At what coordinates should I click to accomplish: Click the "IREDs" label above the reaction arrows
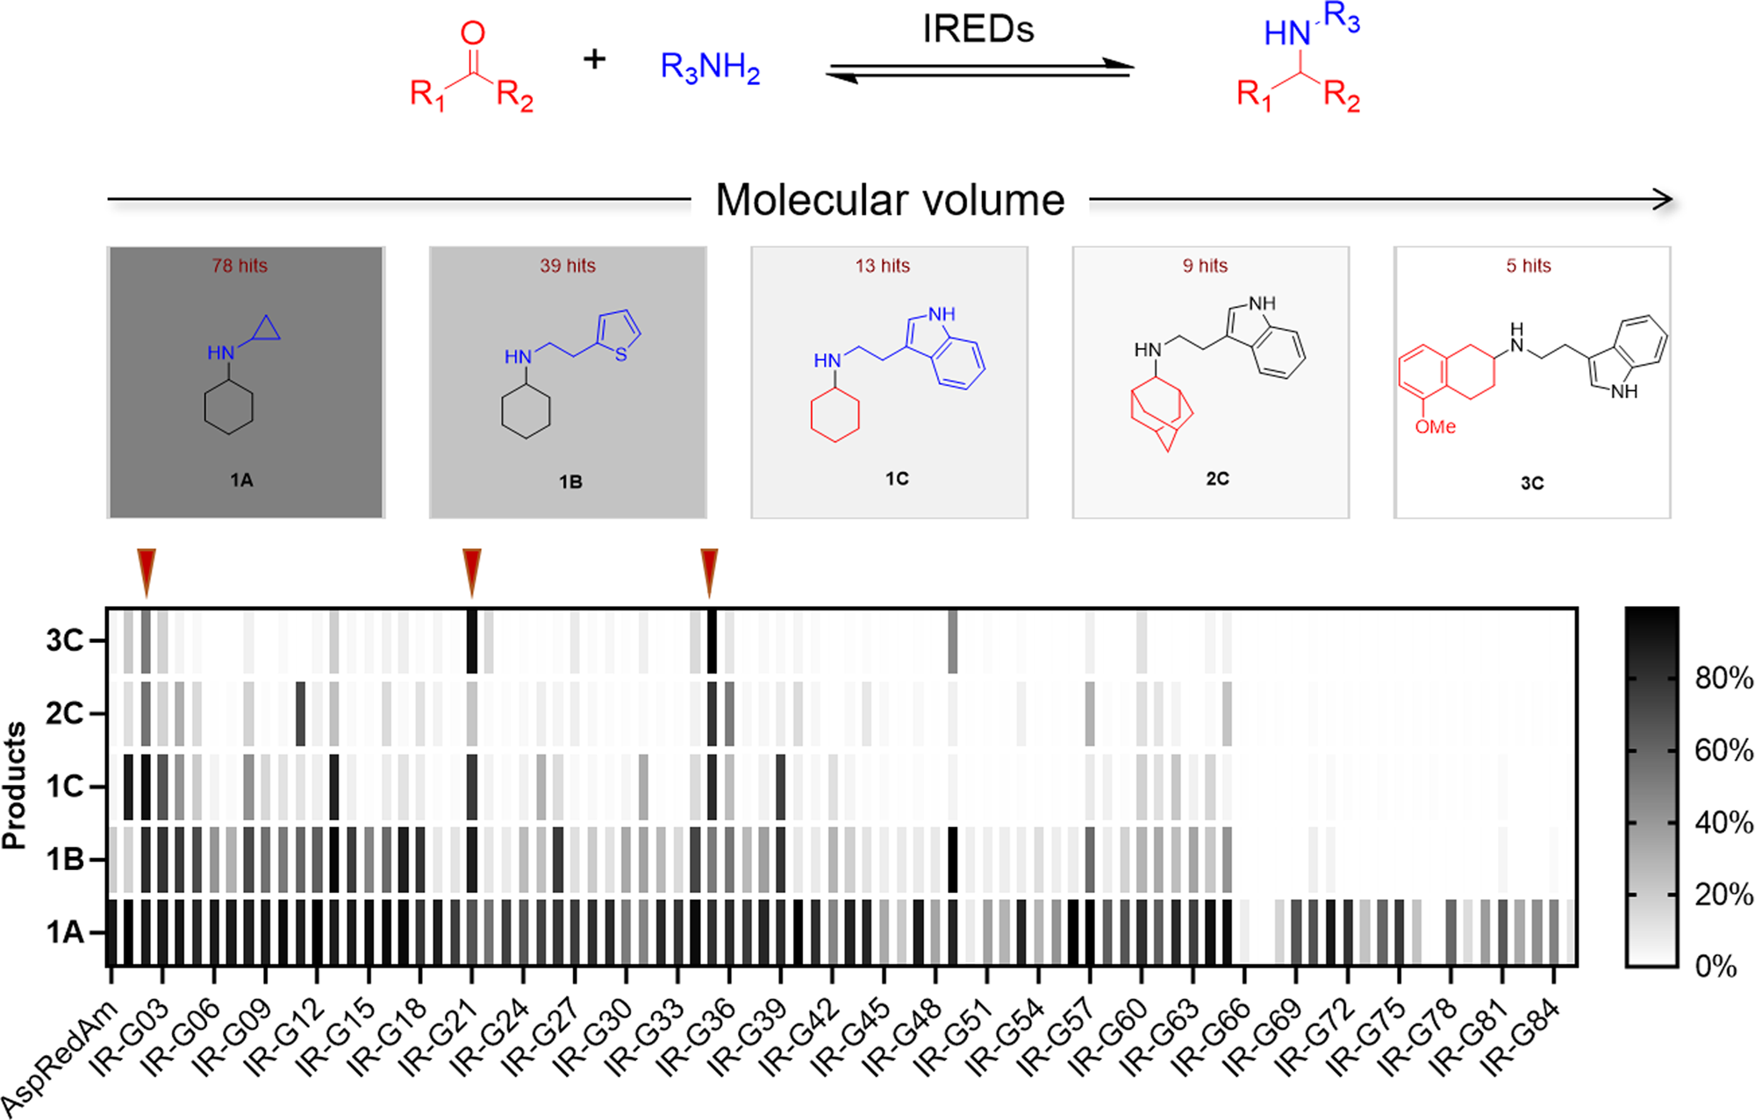point(978,30)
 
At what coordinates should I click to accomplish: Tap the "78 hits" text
point(240,266)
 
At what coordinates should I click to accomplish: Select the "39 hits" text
point(568,266)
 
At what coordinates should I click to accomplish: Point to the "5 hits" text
point(1529,266)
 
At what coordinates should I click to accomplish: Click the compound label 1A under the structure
point(241,480)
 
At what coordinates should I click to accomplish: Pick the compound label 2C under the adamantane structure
point(1217,479)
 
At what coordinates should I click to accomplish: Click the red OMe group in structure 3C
point(1435,427)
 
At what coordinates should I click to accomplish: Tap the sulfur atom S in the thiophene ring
point(621,355)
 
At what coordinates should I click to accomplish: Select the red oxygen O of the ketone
point(473,33)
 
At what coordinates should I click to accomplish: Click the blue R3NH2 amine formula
point(710,68)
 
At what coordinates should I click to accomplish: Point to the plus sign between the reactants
point(595,60)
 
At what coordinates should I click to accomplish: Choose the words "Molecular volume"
point(890,200)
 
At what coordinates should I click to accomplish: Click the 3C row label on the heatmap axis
point(64,641)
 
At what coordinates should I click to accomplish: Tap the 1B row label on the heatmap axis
point(64,860)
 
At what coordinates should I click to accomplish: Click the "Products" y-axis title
point(15,786)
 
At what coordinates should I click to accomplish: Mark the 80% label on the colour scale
point(1723,678)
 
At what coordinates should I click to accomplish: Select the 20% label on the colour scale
point(1723,895)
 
